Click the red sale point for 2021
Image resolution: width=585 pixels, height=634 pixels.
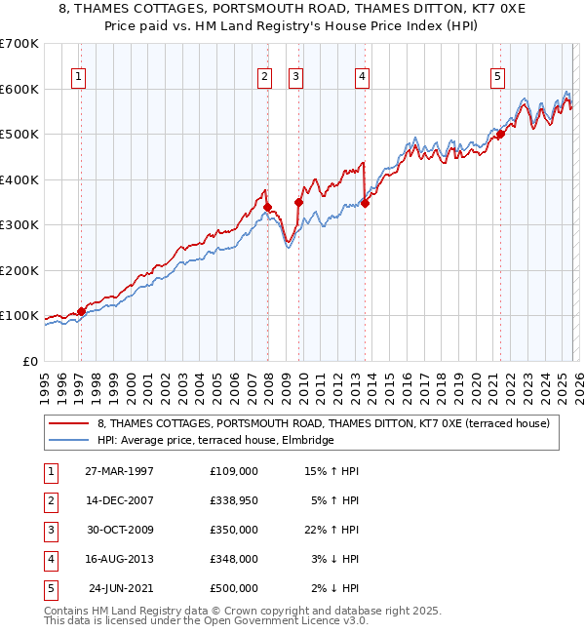(500, 135)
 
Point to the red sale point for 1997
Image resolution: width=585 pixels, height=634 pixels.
(81, 311)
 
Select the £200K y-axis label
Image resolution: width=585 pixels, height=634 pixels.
(19, 270)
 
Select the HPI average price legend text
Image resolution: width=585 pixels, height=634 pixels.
(215, 441)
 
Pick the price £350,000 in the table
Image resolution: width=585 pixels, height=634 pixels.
(234, 529)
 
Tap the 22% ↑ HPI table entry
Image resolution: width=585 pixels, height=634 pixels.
(331, 529)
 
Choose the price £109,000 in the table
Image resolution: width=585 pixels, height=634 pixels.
(234, 470)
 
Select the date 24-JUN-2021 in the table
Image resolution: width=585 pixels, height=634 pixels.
(119, 587)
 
